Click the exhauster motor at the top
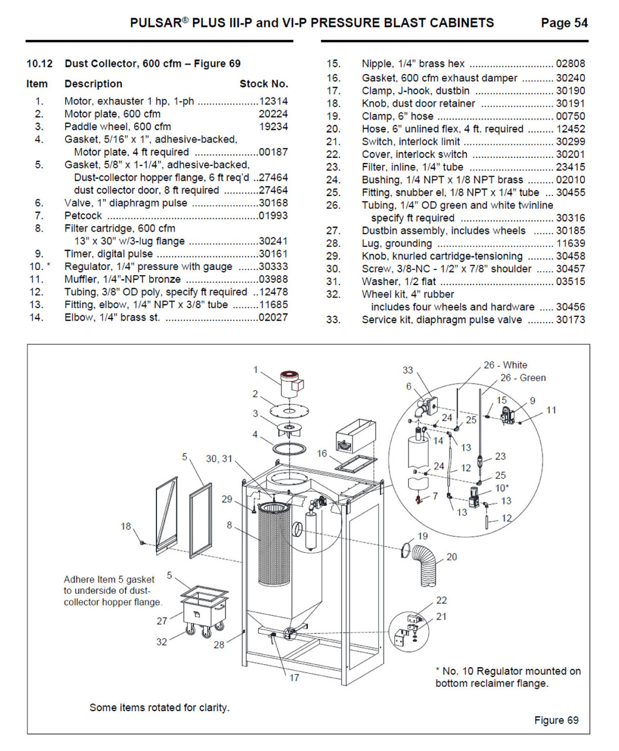[290, 385]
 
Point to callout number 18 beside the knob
[125, 526]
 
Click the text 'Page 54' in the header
[564, 23]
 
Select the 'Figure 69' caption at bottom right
[556, 720]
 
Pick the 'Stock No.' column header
[264, 84]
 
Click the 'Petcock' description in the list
[83, 216]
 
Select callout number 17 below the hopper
[294, 678]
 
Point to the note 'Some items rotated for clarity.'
[159, 708]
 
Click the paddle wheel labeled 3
[287, 429]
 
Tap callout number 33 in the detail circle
[407, 370]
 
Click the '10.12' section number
[39, 63]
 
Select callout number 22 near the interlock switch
[441, 600]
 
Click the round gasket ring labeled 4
[290, 449]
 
